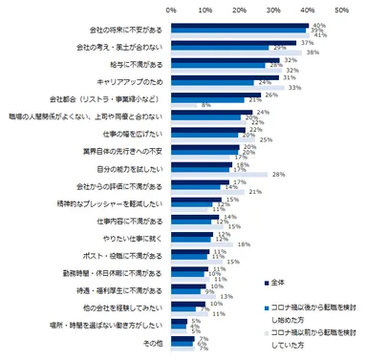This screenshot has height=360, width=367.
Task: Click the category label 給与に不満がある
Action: coord(115,64)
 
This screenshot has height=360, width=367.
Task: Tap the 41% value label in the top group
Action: coord(321,35)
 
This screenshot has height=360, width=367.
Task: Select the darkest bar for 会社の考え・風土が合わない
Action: coord(221,41)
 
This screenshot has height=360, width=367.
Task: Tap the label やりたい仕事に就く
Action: coord(112,236)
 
